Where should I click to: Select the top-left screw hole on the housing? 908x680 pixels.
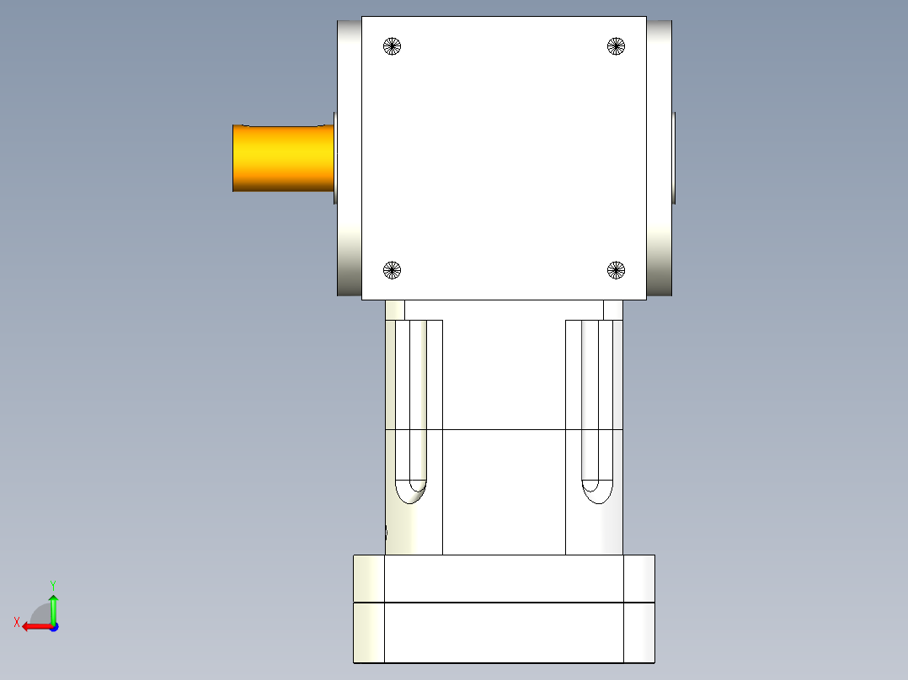pyautogui.click(x=392, y=46)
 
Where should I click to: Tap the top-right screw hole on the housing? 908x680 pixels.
pyautogui.click(x=617, y=46)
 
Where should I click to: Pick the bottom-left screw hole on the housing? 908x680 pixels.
pyautogui.click(x=392, y=270)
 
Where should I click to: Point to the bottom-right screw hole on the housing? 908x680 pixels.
pyautogui.click(x=617, y=270)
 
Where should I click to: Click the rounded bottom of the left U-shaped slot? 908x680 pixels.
pyautogui.click(x=412, y=490)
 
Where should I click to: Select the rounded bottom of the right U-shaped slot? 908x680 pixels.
pyautogui.click(x=596, y=490)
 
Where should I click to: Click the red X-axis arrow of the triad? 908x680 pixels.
pyautogui.click(x=34, y=626)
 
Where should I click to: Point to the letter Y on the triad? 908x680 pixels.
pyautogui.click(x=52, y=584)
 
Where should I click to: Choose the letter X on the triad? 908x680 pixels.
pyautogui.click(x=16, y=623)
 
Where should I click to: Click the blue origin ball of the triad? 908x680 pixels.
pyautogui.click(x=53, y=627)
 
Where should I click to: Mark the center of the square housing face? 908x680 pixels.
pyautogui.click(x=504, y=158)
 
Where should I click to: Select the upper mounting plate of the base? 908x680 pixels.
pyautogui.click(x=504, y=578)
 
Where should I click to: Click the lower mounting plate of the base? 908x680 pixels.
pyautogui.click(x=504, y=633)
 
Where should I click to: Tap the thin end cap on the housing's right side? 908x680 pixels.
pyautogui.click(x=675, y=158)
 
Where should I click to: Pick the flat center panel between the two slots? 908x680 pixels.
pyautogui.click(x=504, y=438)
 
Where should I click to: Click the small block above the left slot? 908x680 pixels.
pyautogui.click(x=395, y=310)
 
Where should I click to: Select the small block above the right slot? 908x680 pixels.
pyautogui.click(x=613, y=310)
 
